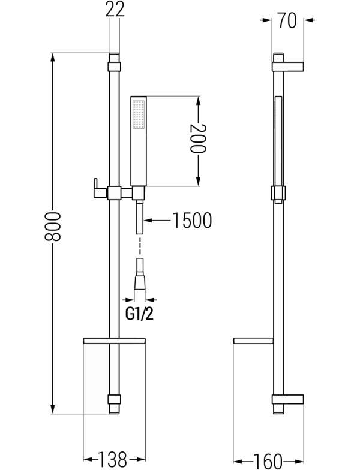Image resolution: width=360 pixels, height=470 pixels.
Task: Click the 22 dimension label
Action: tap(115, 10)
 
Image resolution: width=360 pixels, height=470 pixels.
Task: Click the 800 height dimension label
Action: tap(53, 227)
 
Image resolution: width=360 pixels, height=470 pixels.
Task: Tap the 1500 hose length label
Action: tap(192, 221)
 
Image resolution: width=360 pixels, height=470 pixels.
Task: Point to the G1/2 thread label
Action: tap(139, 314)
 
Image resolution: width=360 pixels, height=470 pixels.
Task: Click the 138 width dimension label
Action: tap(114, 459)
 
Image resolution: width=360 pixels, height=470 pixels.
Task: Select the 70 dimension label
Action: tap(287, 20)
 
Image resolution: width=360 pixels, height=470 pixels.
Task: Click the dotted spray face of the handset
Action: tap(138, 114)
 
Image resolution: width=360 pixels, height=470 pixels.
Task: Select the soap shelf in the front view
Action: tap(114, 341)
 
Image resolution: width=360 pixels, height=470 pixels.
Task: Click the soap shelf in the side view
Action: tap(253, 341)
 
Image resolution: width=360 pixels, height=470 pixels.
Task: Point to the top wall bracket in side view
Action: tap(288, 67)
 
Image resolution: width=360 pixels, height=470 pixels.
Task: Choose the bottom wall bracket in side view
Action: tap(288, 399)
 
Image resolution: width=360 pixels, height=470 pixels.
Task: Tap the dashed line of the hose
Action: tap(140, 246)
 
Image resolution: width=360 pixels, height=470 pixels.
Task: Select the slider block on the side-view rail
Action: tap(278, 193)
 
